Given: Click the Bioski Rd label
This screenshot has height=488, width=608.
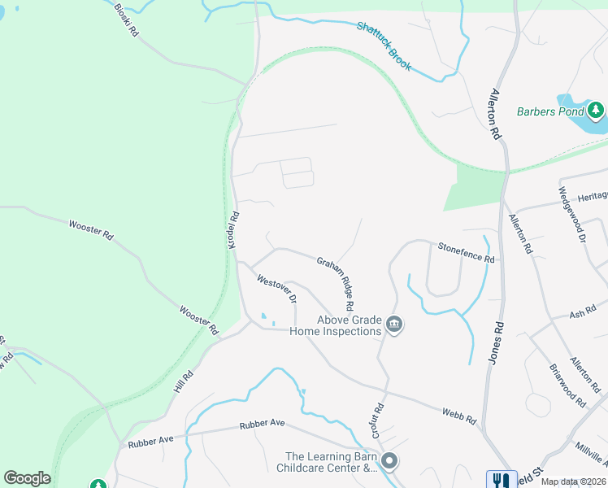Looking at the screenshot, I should click(127, 22).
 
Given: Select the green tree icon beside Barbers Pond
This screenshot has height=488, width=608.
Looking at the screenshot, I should click(596, 109).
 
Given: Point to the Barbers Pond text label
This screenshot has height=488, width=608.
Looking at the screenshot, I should click(552, 111).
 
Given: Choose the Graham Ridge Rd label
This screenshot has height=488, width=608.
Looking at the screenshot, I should click(335, 284).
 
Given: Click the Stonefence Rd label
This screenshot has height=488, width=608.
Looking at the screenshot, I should click(466, 252).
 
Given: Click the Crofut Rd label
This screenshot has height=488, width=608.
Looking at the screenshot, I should click(378, 420).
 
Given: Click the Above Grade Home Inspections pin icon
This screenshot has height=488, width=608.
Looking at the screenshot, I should click(394, 325).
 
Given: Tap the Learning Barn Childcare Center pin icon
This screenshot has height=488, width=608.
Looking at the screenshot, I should click(389, 462).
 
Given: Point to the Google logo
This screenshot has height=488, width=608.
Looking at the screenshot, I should click(27, 478).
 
